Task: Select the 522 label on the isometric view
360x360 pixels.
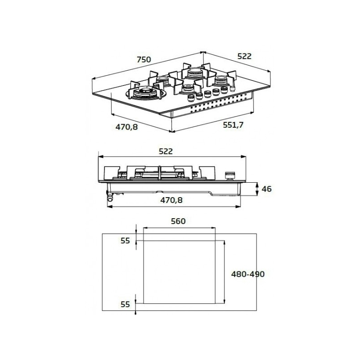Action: (244, 56)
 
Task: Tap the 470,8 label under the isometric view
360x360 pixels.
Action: (126, 127)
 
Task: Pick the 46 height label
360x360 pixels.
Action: (266, 189)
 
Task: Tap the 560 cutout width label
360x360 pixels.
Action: (178, 221)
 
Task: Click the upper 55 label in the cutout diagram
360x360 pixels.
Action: (125, 241)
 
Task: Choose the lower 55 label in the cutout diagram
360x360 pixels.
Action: (125, 304)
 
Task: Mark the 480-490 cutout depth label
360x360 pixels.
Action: (247, 274)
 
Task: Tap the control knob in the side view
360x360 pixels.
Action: (231, 175)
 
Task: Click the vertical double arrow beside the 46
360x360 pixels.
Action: (256, 189)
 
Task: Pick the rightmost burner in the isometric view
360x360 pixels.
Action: (220, 81)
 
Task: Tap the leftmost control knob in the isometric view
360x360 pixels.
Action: (190, 99)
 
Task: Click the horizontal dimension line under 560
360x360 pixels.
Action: (179, 228)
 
